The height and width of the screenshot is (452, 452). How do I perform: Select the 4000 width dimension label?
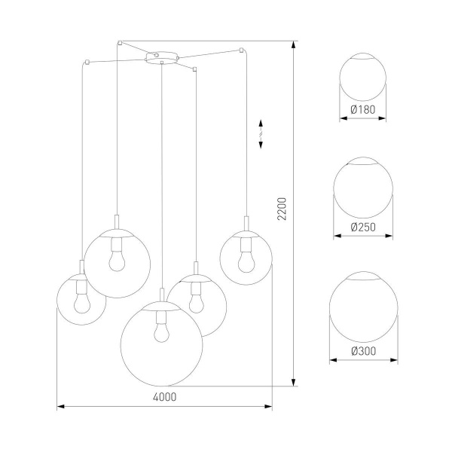(x=163, y=398)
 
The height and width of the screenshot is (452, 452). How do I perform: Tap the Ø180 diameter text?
(x=363, y=110)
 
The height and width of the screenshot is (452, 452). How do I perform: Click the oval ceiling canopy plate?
(x=162, y=56)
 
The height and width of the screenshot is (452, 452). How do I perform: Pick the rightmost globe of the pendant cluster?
(x=246, y=257)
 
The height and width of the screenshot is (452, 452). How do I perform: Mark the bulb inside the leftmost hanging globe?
(x=81, y=299)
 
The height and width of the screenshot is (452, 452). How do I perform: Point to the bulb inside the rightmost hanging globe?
(x=245, y=260)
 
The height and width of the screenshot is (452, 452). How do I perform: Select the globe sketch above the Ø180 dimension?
(x=363, y=78)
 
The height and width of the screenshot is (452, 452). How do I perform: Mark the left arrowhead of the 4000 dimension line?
(x=60, y=407)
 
